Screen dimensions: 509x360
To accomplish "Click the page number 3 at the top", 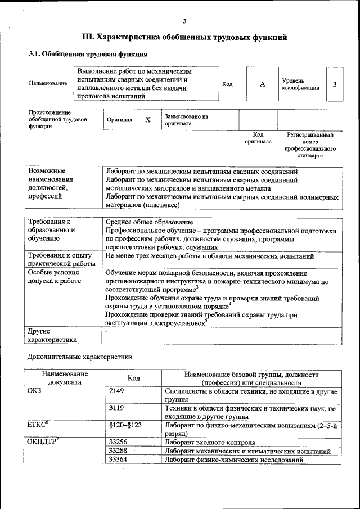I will coord(184,21).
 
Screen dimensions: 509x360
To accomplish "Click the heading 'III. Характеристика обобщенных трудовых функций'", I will coord(185,38).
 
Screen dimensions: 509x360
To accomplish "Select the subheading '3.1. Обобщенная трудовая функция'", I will coord(88,55).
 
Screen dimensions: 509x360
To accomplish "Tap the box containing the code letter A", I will coord(262,84).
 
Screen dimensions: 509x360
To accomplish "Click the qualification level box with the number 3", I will coord(335,84).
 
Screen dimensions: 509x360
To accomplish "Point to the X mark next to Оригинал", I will coord(148,120).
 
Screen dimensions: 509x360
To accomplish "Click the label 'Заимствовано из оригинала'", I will coord(186,120).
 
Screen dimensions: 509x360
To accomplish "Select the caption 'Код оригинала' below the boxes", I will coord(258,138).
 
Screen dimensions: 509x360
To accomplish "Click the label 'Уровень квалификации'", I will coord(301,84).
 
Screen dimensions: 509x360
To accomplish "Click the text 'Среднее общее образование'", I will coord(150,222).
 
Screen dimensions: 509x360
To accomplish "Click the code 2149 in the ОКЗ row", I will coord(116,390).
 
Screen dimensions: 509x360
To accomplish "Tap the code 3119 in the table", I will coord(116,408).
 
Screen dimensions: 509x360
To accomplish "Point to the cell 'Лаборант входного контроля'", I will coord(210,442).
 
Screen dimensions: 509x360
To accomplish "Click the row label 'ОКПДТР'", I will coord(43,442).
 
